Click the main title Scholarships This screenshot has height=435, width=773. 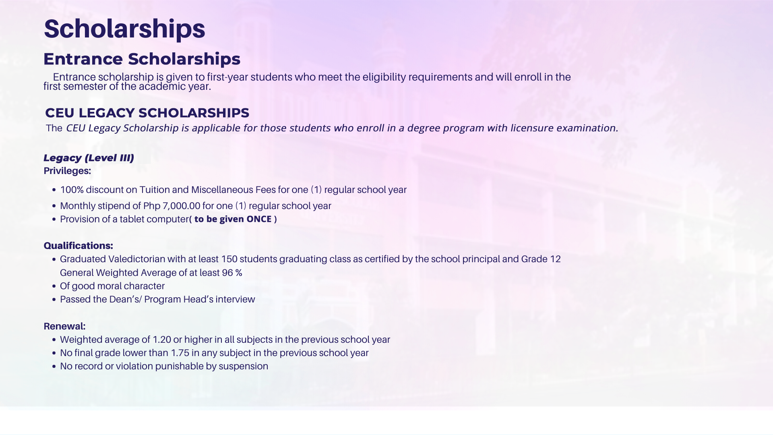(124, 29)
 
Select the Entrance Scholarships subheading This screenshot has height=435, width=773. (142, 59)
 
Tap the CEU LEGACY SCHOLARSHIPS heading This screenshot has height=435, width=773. (147, 113)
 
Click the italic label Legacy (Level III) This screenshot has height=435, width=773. (89, 158)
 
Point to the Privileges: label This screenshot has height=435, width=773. (67, 171)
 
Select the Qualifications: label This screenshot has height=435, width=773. (78, 246)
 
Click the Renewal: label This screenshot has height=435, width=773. (64, 326)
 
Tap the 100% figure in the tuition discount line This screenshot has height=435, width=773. (72, 190)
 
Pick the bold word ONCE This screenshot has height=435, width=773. (259, 219)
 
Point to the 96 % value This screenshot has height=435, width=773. (232, 273)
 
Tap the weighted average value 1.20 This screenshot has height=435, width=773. (162, 340)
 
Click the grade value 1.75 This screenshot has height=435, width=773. (180, 353)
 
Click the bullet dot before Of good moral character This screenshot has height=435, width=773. (54, 286)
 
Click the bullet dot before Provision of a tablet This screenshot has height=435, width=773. (54, 220)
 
